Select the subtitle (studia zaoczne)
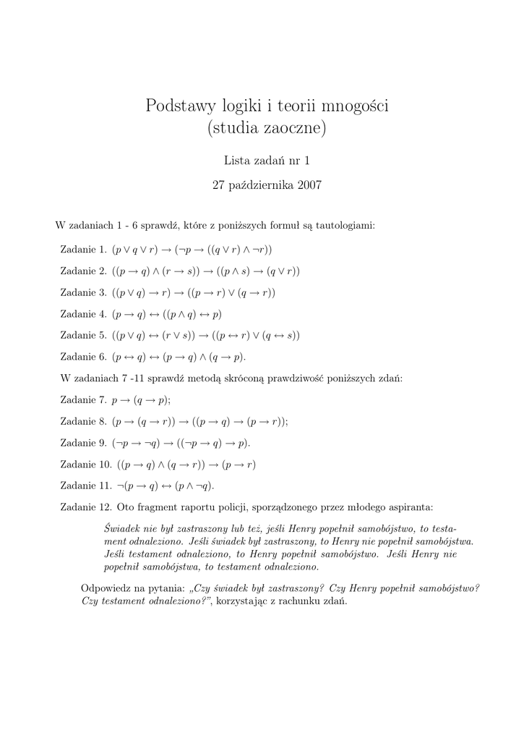coord(267,130)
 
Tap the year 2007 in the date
coord(307,185)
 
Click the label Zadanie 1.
coord(84,250)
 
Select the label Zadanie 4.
coord(84,314)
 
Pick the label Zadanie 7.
coord(84,399)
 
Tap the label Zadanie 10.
coord(86,464)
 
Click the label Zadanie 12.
coord(86,507)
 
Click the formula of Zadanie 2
coord(206,271)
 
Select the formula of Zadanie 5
coord(206,336)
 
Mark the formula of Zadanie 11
coord(166,486)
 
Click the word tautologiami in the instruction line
coord(343,225)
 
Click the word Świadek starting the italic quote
coord(121,528)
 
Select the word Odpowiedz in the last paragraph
coord(106,588)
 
